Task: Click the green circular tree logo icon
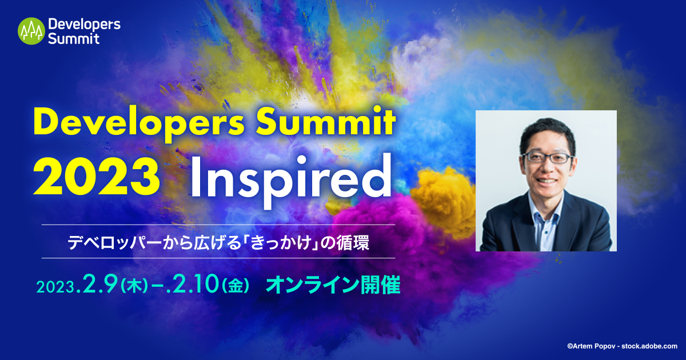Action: coord(31,31)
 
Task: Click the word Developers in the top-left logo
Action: coord(84,25)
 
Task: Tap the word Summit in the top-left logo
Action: coord(74,39)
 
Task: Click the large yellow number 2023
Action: coord(96,174)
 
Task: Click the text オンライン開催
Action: coord(333,285)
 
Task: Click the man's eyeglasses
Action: coord(546,158)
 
